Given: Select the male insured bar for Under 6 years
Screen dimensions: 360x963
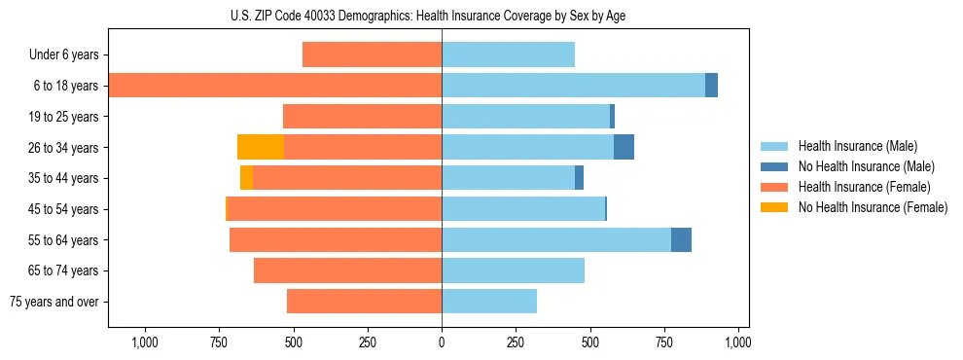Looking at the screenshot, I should pos(508,54).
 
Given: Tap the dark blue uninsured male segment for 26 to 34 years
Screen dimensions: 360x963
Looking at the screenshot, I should pos(624,147).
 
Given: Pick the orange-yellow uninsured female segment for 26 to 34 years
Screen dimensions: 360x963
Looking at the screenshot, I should pos(261,147).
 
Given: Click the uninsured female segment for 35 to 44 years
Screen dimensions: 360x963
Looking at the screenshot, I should pos(246,178).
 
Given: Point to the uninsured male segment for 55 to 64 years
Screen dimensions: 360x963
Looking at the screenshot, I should pos(681,239).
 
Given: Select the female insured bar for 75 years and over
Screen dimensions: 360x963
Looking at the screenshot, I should pos(364,302).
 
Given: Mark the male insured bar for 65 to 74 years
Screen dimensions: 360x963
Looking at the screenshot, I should pos(513,270).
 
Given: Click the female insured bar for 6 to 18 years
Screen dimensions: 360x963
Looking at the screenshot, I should pos(275,86).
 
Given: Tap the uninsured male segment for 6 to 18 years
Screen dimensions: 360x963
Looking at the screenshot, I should pos(711,86).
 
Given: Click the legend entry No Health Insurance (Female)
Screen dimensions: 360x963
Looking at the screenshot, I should pos(873,207).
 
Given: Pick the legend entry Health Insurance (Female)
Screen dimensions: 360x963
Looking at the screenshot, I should pos(864,187).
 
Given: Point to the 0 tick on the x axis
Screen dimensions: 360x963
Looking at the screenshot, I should pos(442,342).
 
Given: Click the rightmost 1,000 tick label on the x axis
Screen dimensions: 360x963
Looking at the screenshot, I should pos(738,342).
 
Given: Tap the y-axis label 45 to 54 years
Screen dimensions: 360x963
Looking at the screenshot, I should pos(63,209).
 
